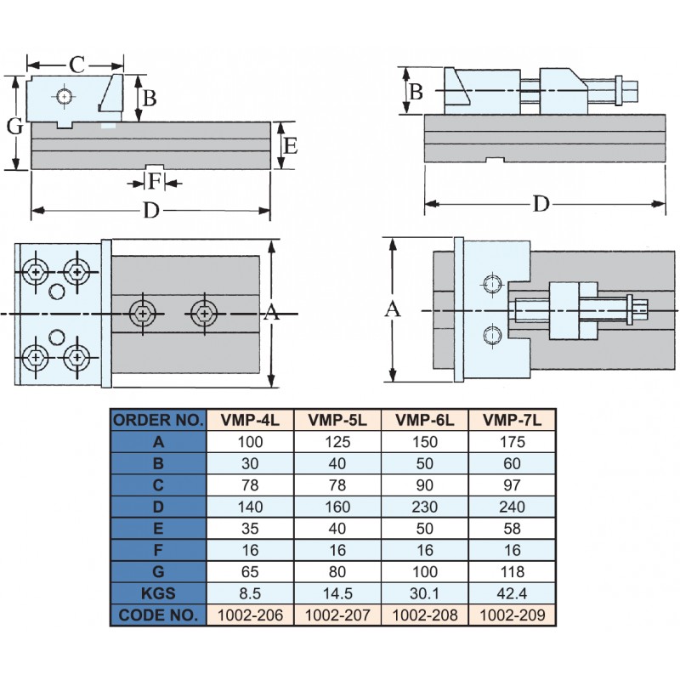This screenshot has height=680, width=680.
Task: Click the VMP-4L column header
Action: tap(251, 419)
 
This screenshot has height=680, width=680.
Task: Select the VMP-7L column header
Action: tap(513, 419)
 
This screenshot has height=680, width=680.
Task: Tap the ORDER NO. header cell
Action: tap(159, 419)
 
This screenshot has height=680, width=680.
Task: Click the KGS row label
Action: tap(159, 592)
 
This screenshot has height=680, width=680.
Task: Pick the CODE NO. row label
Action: tap(159, 614)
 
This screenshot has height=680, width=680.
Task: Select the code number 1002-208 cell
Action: tap(425, 614)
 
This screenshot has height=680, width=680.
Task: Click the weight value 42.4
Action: tap(513, 592)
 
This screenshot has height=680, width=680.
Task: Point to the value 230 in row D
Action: tap(425, 507)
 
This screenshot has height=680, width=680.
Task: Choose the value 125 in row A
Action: tap(338, 442)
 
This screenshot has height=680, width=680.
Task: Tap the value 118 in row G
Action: tap(513, 571)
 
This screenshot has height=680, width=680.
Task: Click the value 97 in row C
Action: tap(513, 485)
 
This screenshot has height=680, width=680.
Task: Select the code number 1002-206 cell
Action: tap(251, 614)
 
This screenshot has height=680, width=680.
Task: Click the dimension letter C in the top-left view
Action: tap(76, 64)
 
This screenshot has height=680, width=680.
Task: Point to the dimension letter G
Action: tap(14, 127)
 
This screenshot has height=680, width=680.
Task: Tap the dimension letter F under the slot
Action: tap(154, 182)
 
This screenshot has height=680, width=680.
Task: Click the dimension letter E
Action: tap(290, 146)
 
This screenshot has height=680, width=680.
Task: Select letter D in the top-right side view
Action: tap(541, 204)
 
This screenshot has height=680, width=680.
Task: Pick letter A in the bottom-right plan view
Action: tap(393, 310)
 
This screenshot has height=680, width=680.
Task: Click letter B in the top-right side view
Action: tap(416, 91)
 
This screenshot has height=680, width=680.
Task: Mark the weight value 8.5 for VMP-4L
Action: tap(251, 592)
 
